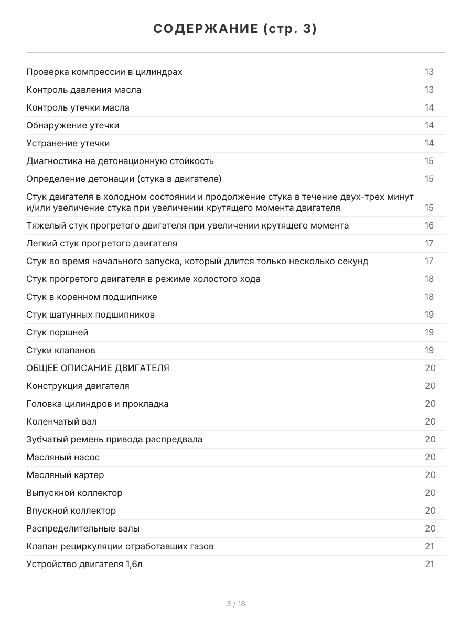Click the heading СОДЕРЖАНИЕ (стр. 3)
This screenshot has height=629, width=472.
[235, 29]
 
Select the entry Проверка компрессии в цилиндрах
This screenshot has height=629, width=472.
[104, 72]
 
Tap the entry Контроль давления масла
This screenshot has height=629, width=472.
[84, 90]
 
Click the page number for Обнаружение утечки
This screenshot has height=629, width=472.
[429, 125]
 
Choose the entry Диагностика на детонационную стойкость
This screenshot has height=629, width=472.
[120, 161]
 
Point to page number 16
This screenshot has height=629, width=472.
[429, 225]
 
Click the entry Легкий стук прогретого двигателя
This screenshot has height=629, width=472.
[102, 243]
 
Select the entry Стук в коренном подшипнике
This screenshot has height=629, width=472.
[92, 297]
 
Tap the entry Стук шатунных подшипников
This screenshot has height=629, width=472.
[90, 314]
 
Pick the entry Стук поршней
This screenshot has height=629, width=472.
[57, 332]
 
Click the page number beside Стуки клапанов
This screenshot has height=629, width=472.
[429, 350]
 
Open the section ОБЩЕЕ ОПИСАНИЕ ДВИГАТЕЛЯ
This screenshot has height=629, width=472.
[98, 368]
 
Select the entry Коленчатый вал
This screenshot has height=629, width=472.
[61, 421]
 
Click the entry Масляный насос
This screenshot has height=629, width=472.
[63, 457]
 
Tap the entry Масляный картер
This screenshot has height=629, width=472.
[65, 475]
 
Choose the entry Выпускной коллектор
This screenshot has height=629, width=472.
[74, 493]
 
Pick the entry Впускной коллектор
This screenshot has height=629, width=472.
[71, 511]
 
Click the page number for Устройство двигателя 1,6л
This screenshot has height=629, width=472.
[429, 564]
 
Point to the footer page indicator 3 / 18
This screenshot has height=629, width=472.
[235, 604]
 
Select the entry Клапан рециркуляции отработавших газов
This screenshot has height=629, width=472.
[120, 546]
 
